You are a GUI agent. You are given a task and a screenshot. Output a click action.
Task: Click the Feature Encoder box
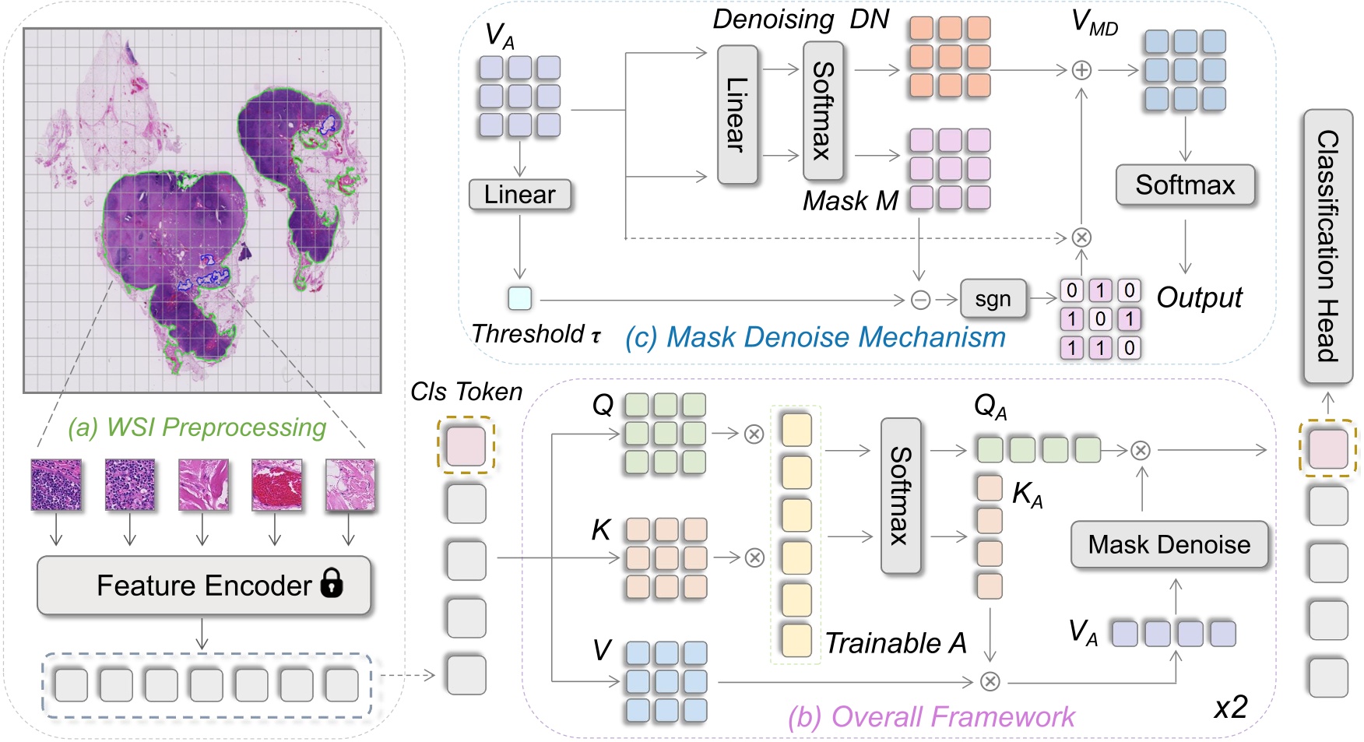[x=203, y=586]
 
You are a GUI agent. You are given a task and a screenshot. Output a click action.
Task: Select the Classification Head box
[x=1327, y=246]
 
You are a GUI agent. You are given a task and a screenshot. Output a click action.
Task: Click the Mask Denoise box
[x=1169, y=544]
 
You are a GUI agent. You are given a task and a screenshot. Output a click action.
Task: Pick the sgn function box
[x=993, y=299]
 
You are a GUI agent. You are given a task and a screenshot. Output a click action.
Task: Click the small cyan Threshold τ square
[x=519, y=298]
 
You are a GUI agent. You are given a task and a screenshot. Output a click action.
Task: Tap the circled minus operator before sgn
[x=920, y=300]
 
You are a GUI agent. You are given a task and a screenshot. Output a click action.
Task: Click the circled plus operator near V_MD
[x=1081, y=70]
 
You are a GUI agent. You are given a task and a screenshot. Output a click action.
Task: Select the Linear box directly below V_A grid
[x=519, y=195]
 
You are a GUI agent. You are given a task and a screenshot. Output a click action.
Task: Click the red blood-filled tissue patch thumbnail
[x=276, y=484]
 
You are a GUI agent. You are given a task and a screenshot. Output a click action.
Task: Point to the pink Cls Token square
[x=466, y=446]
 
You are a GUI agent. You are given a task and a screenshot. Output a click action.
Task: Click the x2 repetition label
[x=1231, y=707]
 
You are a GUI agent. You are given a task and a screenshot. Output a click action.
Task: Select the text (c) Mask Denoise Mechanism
[x=815, y=337]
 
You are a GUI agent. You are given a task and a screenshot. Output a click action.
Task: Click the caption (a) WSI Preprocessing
[x=197, y=427]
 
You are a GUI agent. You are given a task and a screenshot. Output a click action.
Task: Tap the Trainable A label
[x=895, y=643]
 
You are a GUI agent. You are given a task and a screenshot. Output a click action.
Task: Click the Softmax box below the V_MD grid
[x=1185, y=185]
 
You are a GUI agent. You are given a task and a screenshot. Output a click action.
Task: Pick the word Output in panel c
[x=1199, y=297]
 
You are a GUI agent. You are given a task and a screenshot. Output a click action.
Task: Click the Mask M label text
[x=850, y=201]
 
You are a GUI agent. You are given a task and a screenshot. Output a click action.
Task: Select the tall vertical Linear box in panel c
[x=736, y=114]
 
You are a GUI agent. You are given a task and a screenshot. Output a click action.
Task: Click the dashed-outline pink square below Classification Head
[x=1328, y=448]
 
